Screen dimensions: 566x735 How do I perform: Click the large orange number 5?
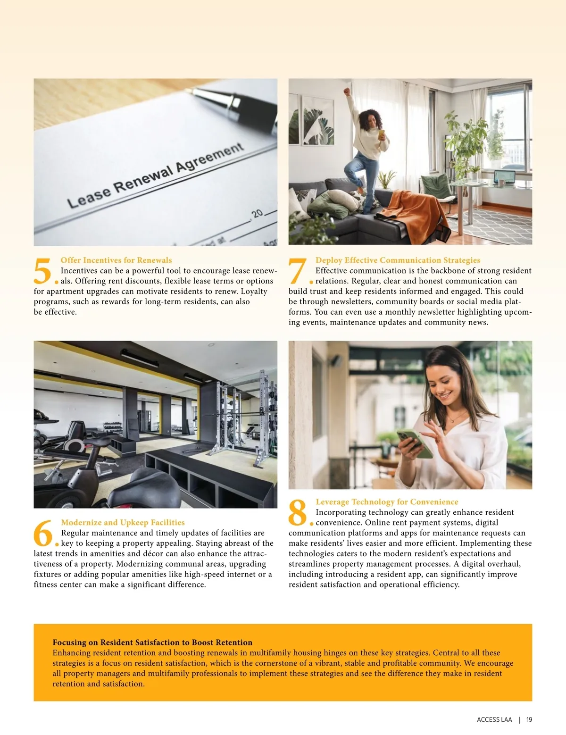(x=42, y=271)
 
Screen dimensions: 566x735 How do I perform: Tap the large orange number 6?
(x=43, y=533)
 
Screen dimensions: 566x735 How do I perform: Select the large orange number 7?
(x=298, y=271)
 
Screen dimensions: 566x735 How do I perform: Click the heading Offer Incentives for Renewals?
(x=116, y=260)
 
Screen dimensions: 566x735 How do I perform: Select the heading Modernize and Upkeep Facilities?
(x=123, y=522)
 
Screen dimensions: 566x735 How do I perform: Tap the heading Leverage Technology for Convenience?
(x=387, y=501)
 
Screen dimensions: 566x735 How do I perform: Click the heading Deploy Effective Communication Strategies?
(x=398, y=260)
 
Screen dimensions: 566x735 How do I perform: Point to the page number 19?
(x=529, y=719)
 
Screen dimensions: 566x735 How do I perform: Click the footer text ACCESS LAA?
(x=494, y=719)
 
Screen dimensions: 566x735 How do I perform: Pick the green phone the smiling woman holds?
(x=415, y=443)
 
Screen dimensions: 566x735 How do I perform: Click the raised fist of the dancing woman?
(x=347, y=92)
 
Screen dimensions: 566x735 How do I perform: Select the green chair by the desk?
(x=437, y=190)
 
